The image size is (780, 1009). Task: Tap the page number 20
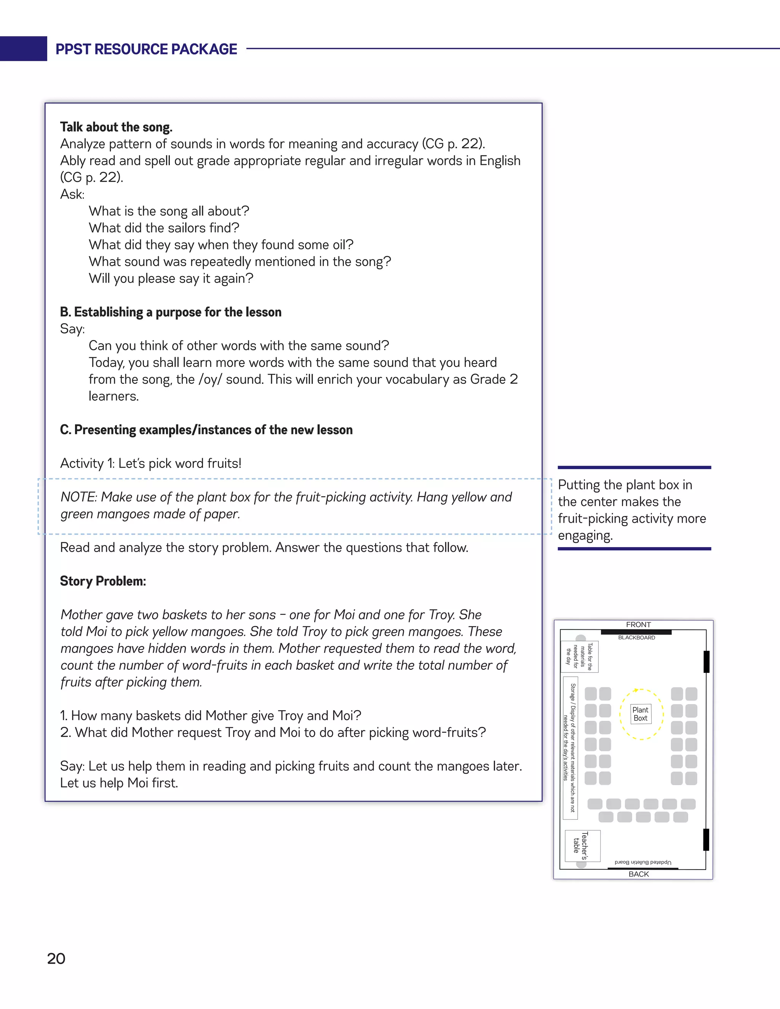56,959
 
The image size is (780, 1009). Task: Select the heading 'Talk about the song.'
116,127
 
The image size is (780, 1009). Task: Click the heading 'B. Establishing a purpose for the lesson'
171,312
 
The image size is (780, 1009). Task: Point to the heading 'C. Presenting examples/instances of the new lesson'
206,430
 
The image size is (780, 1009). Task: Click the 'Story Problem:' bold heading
103,581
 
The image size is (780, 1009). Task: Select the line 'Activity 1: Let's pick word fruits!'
151,463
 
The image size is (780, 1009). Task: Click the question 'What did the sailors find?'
164,228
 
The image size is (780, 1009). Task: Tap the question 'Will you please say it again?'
171,279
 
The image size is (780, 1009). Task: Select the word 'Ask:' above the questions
72,194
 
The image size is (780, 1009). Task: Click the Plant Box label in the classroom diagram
641,714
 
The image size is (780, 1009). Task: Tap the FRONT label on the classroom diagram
638,624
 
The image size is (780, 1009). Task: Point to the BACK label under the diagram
639,874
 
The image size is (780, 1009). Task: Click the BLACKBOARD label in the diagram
636,637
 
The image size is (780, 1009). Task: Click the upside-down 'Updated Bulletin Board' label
643,862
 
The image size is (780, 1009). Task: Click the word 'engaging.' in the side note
585,536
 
